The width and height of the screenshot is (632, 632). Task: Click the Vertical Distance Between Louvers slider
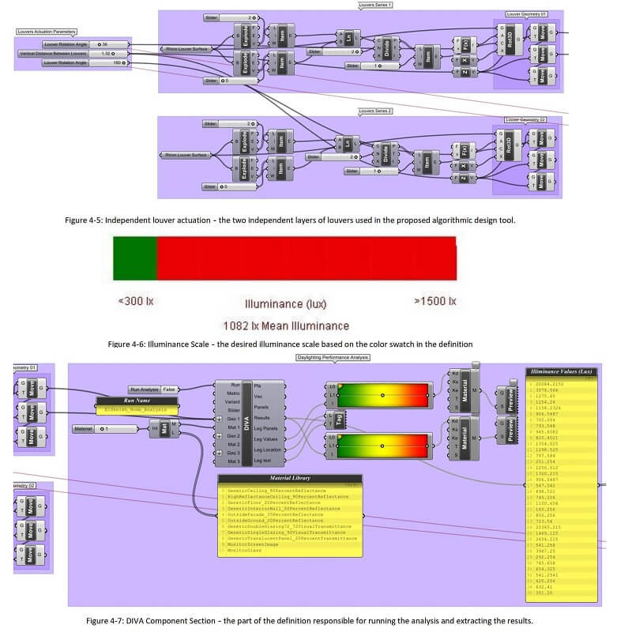pyautogui.click(x=72, y=54)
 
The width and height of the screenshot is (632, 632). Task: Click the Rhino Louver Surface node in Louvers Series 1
pyautogui.click(x=186, y=49)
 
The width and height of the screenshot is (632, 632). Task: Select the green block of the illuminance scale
pyautogui.click(x=135, y=258)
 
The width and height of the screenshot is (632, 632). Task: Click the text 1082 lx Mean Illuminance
pyautogui.click(x=286, y=325)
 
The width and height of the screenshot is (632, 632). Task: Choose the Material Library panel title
pyautogui.click(x=289, y=478)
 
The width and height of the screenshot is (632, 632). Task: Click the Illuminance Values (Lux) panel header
pyautogui.click(x=561, y=371)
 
